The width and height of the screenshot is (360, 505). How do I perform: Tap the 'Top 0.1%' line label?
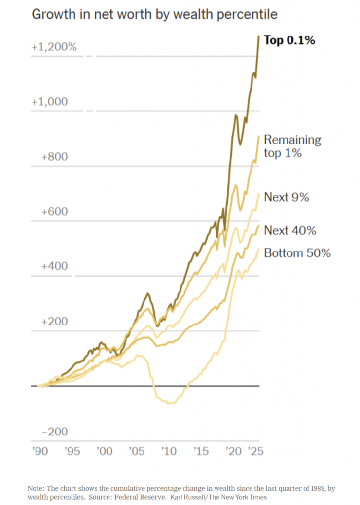[x=289, y=40]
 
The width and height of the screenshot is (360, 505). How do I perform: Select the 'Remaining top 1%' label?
[x=292, y=146]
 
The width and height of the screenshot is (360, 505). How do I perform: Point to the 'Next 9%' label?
[x=287, y=197]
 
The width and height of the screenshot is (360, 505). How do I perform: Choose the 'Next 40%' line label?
[x=290, y=230]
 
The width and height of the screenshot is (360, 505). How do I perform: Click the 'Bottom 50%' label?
[x=297, y=253]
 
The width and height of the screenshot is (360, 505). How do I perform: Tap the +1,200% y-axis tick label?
[x=54, y=48]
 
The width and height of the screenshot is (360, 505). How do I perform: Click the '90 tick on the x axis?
[x=39, y=452]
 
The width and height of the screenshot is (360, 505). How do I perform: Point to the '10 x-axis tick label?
[x=169, y=452]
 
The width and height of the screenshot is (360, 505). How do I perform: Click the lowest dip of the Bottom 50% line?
[x=170, y=403]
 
